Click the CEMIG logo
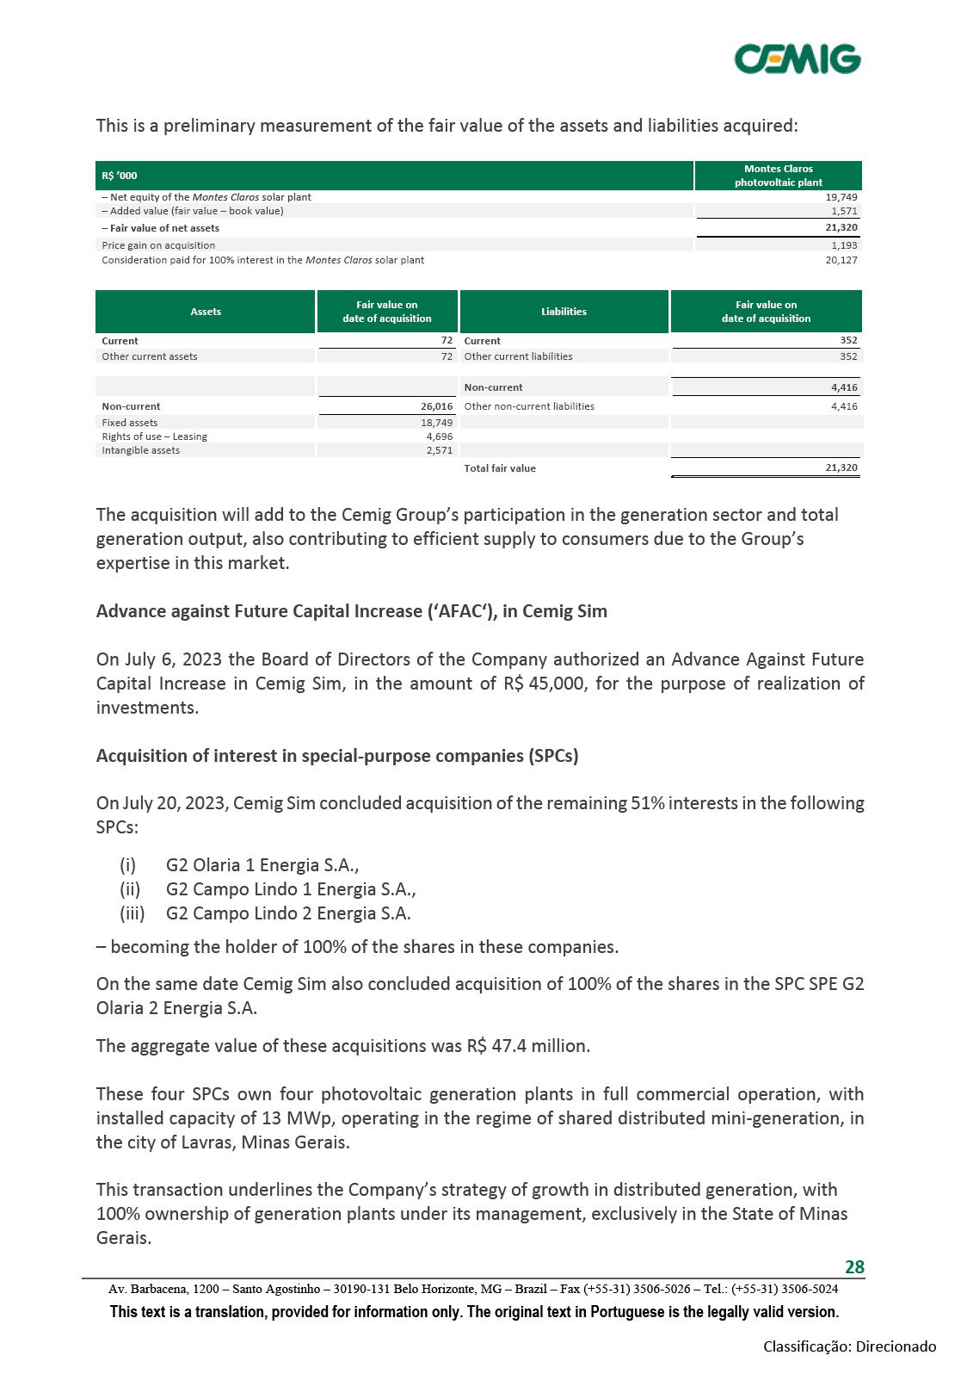(797, 59)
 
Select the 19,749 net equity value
(841, 197)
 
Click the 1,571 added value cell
(844, 211)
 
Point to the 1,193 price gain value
(844, 245)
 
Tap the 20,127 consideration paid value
(841, 260)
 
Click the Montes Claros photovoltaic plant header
(778, 176)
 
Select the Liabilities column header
(564, 312)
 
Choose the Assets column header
(206, 312)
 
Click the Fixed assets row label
(130, 423)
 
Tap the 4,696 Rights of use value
(439, 436)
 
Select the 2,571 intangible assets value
(439, 450)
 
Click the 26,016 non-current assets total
(436, 406)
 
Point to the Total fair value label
(500, 468)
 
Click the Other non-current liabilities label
(529, 406)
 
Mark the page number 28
(854, 1266)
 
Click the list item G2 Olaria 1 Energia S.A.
(262, 865)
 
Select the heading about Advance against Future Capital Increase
(351, 611)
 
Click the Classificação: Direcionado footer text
(849, 1346)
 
